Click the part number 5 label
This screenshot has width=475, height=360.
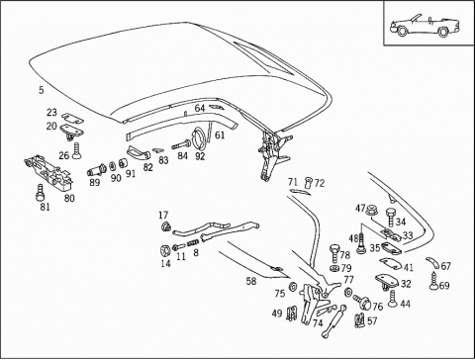click(x=41, y=90)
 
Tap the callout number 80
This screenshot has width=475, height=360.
click(x=69, y=198)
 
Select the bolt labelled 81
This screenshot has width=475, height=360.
click(x=40, y=193)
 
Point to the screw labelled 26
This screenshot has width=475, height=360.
click(x=76, y=151)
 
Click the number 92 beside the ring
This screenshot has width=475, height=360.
click(x=200, y=156)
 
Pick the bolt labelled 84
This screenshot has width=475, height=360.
click(x=181, y=144)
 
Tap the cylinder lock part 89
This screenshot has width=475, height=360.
click(x=96, y=170)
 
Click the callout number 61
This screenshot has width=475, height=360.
click(x=220, y=135)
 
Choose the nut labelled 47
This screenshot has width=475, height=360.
click(x=372, y=210)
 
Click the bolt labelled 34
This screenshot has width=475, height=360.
click(x=390, y=218)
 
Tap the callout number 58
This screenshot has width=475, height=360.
click(x=251, y=281)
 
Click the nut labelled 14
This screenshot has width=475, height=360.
click(x=164, y=250)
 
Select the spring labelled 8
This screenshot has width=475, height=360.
click(x=193, y=244)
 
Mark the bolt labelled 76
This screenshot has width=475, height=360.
click(x=362, y=302)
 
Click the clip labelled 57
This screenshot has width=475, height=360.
click(x=359, y=320)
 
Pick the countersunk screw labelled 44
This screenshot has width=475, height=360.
click(x=392, y=299)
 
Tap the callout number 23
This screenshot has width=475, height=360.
click(x=51, y=113)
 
